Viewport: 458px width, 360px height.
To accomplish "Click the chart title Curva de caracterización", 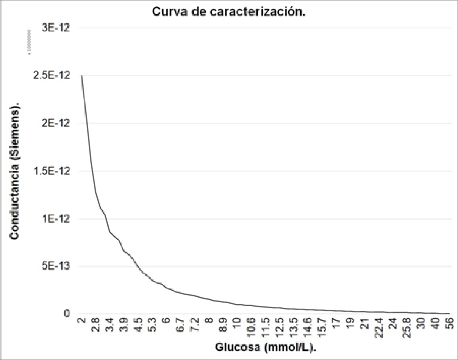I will pyautogui.click(x=229, y=12).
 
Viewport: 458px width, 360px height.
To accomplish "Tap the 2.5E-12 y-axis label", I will pyautogui.click(x=55, y=76).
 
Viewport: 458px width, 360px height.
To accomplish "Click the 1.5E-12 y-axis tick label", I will pyautogui.click(x=55, y=171).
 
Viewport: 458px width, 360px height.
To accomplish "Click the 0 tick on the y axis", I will pyautogui.click(x=67, y=314).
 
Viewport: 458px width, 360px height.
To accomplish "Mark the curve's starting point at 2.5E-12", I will pyautogui.click(x=81, y=76).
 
